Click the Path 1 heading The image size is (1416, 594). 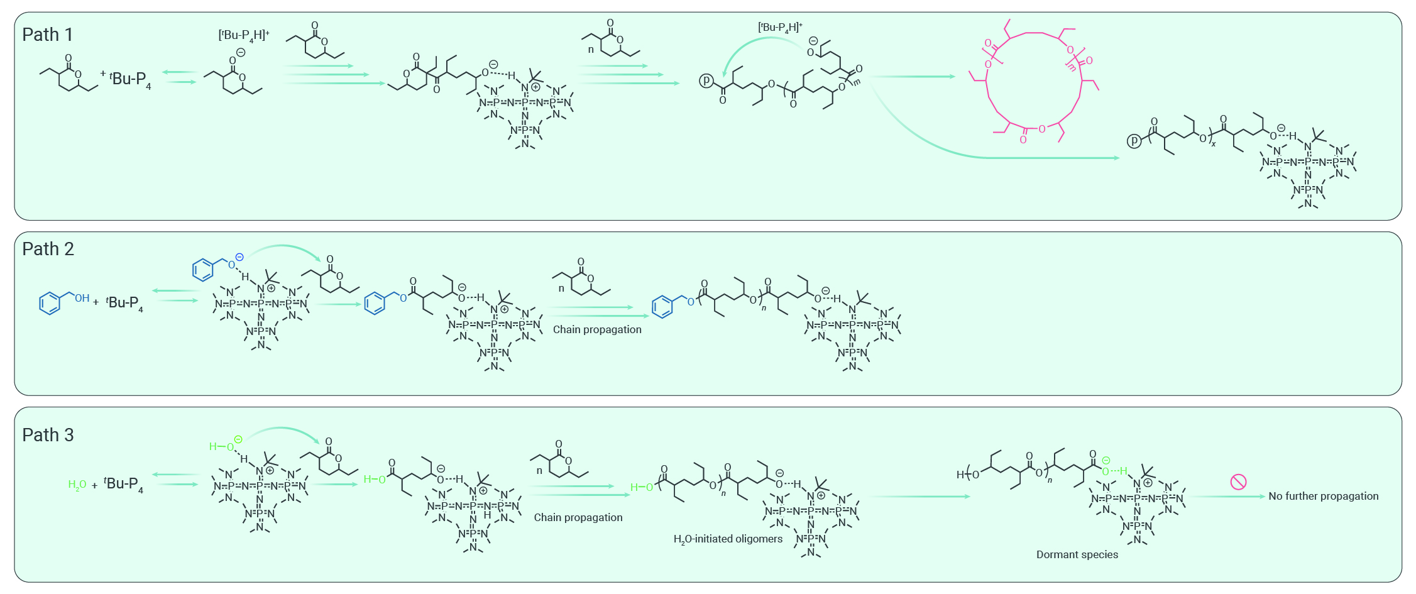(48, 35)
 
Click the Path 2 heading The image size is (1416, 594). (48, 249)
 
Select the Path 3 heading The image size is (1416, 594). (48, 435)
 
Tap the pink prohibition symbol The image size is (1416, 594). (1238, 482)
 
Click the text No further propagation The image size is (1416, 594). (1323, 496)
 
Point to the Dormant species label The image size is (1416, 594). (1077, 554)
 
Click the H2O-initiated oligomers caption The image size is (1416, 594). (728, 539)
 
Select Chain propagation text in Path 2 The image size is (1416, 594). (597, 329)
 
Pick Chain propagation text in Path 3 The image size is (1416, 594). (578, 517)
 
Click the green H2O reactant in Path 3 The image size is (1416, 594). (77, 485)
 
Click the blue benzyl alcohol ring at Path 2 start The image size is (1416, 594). (50, 303)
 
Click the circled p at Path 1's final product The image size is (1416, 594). (1134, 141)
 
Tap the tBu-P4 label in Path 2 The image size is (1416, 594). (124, 304)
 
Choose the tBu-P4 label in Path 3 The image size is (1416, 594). (124, 485)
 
